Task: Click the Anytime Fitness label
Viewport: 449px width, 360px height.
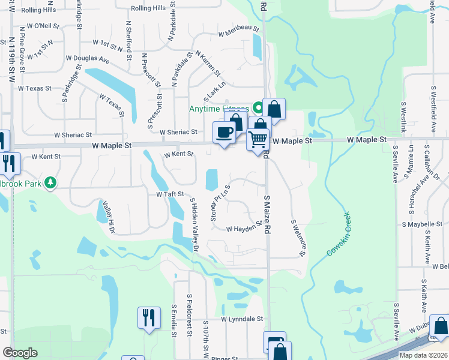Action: point(218,109)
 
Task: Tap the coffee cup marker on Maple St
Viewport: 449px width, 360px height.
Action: point(224,133)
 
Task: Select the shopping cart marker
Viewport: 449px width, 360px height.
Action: point(258,140)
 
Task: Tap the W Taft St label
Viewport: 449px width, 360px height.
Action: point(169,194)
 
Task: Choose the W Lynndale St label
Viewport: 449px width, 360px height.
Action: point(242,319)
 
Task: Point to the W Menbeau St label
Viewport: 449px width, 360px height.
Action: point(238,29)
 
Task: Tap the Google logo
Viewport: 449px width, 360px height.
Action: point(19,353)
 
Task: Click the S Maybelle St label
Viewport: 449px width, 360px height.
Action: point(423,224)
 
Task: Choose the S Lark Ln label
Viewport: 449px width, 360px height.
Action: point(213,91)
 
